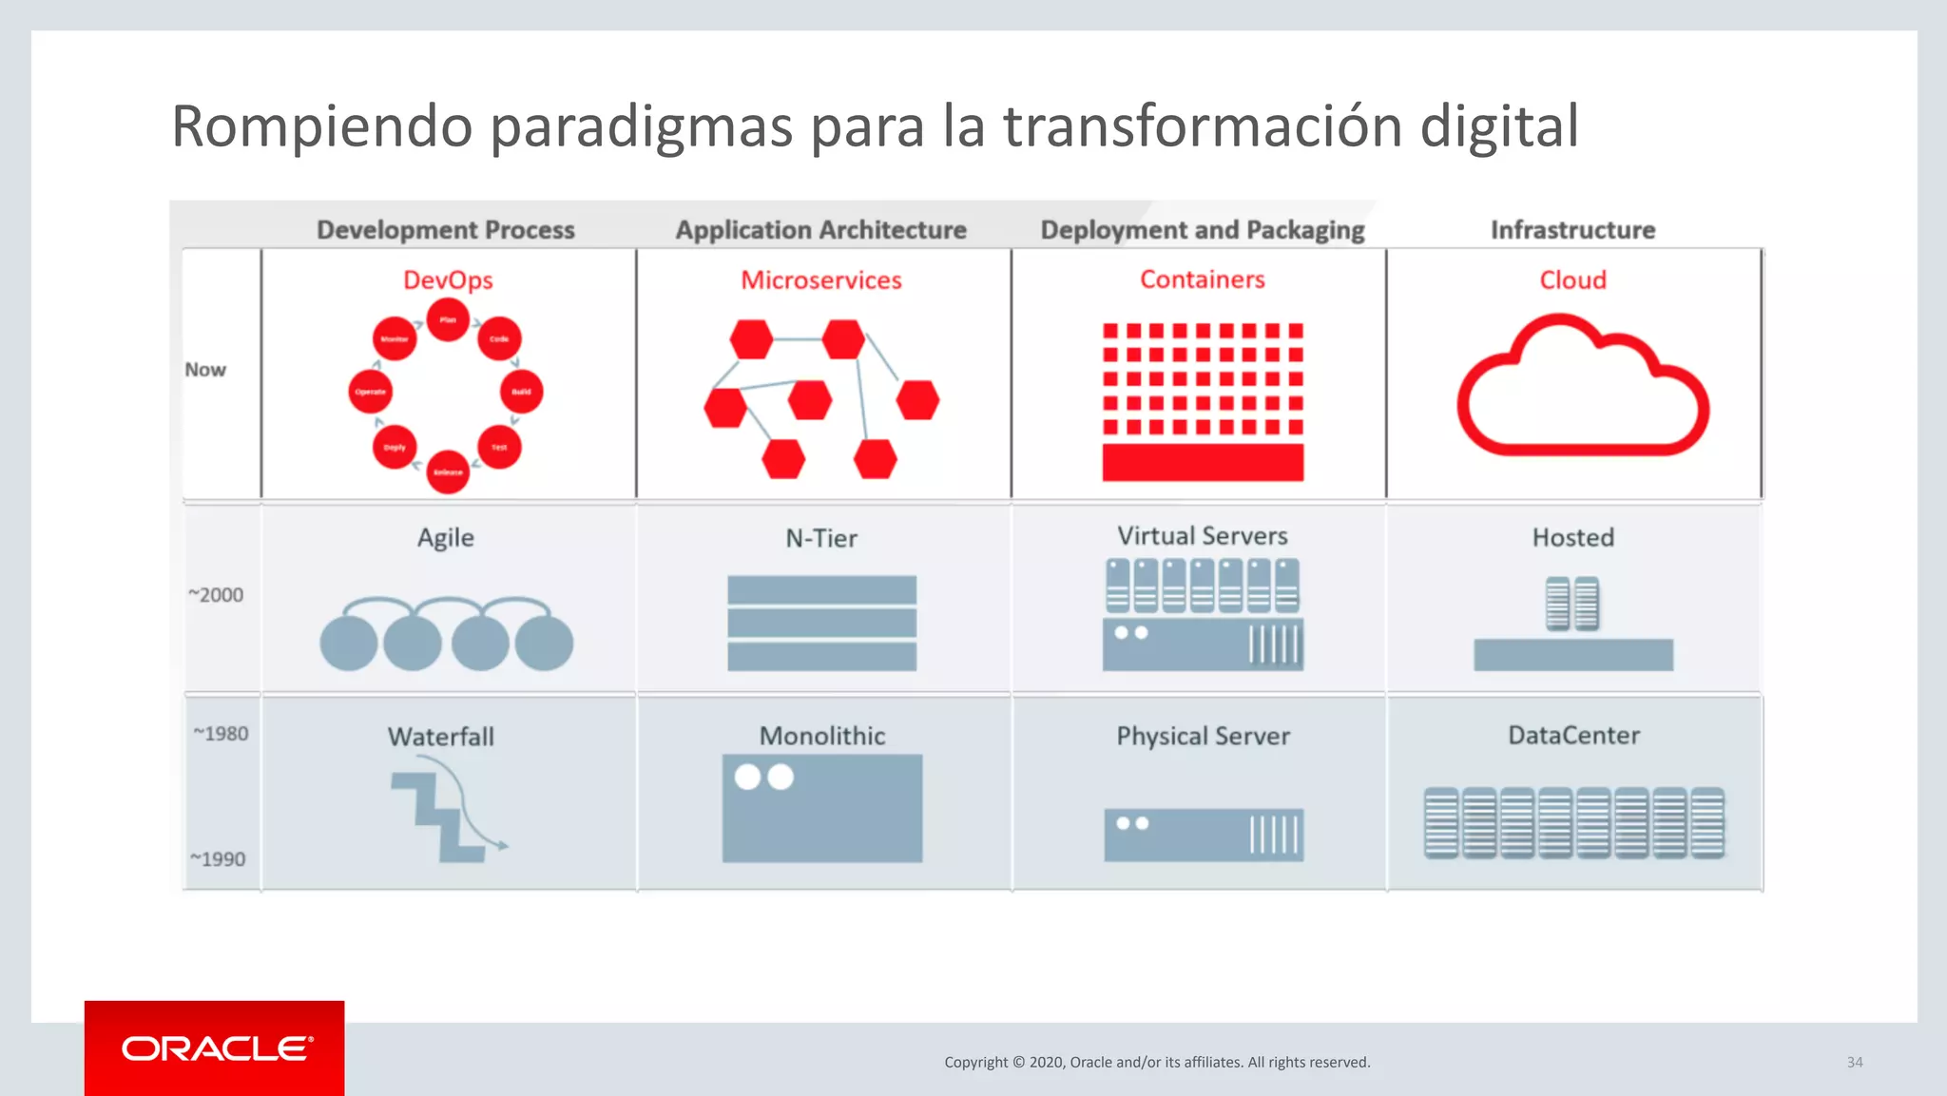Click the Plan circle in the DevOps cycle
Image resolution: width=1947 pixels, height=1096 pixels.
click(448, 320)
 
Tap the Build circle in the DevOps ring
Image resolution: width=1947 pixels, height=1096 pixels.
click(521, 392)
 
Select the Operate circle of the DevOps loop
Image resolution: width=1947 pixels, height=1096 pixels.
click(370, 392)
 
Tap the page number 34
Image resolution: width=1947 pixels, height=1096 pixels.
click(1854, 1062)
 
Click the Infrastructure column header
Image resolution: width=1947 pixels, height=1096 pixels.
click(1572, 230)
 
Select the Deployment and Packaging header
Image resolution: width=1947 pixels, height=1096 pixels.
click(1202, 230)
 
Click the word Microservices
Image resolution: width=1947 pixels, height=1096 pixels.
click(820, 280)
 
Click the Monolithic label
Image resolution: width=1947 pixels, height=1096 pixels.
click(821, 736)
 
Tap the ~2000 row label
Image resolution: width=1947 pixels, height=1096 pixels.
click(216, 595)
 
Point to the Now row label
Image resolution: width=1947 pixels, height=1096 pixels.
click(205, 370)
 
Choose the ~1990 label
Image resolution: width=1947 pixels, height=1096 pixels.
click(218, 859)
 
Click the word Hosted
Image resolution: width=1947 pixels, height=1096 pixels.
click(1572, 537)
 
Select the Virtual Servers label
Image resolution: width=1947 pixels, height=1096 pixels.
click(1202, 536)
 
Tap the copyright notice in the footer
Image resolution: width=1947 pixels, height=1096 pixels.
click(1157, 1062)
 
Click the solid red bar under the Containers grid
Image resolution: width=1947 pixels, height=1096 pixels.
click(1203, 463)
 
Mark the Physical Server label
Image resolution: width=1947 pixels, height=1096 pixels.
click(1203, 736)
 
